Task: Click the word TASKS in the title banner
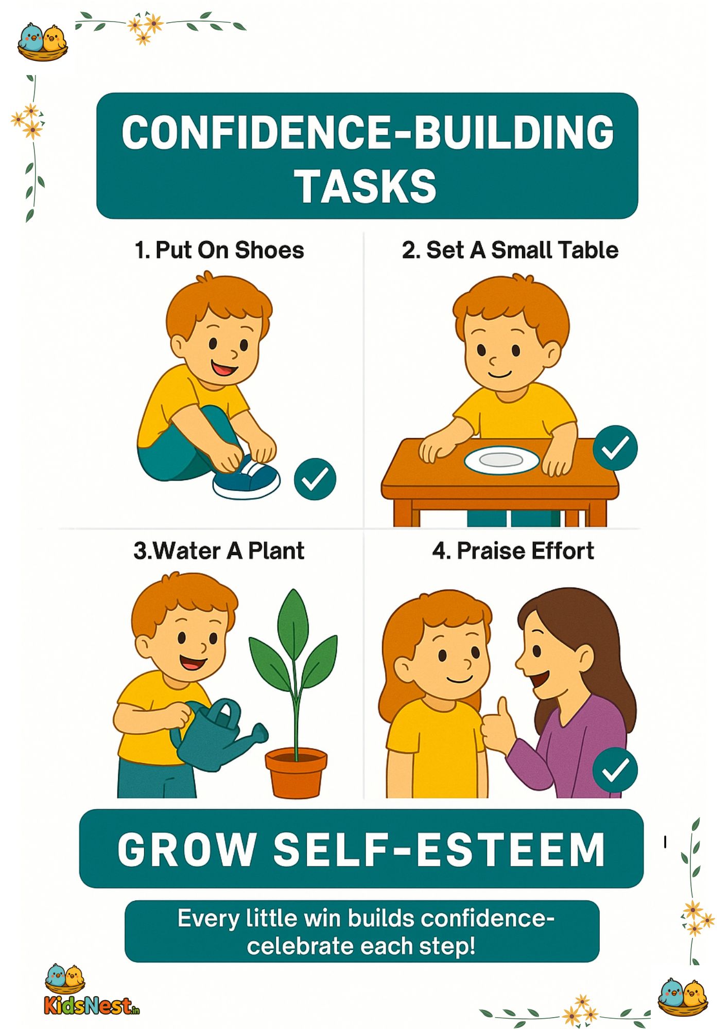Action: click(366, 186)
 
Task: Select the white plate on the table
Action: click(501, 460)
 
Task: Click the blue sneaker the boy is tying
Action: click(246, 478)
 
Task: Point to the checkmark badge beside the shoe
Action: click(315, 479)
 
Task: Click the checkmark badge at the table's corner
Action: click(615, 448)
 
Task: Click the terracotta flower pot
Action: click(296, 772)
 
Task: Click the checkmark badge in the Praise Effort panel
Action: click(615, 770)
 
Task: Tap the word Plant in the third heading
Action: click(276, 551)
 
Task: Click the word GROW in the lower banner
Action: click(187, 849)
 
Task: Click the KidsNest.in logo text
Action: click(92, 1005)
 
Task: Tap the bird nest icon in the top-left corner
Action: click(43, 42)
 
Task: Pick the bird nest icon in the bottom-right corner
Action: click(683, 997)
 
